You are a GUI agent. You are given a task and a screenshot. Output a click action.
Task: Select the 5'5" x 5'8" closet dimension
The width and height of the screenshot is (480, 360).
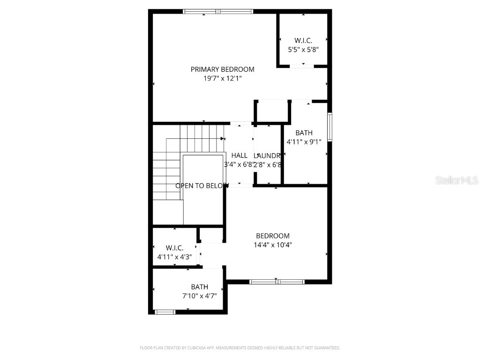point(303,49)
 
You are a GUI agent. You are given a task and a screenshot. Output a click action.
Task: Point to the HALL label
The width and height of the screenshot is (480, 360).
point(239,156)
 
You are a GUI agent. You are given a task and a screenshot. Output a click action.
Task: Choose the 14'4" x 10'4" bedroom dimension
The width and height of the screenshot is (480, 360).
point(272,244)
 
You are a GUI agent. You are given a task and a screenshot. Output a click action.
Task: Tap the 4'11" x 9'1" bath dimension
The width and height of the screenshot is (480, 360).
point(304,142)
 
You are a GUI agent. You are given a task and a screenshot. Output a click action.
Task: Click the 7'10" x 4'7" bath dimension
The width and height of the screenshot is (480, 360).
point(199,296)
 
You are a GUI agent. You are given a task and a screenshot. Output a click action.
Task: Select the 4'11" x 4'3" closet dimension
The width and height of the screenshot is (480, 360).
point(174,256)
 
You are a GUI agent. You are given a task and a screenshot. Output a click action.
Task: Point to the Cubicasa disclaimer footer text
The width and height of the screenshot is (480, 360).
point(240,348)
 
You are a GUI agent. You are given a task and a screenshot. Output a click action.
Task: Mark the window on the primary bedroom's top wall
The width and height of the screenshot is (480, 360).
point(218,11)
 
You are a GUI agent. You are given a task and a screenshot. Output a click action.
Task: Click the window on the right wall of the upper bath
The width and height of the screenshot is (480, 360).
point(330,127)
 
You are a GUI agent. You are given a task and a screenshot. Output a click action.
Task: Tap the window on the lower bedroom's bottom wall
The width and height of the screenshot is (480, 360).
point(277,282)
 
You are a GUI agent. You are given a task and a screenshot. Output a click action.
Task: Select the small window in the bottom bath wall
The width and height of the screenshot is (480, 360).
point(165,312)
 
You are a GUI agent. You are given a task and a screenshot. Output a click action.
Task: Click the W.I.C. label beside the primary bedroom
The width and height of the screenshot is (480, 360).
point(303,41)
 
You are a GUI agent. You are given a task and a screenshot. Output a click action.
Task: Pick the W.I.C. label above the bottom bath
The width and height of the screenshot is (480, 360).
point(174,248)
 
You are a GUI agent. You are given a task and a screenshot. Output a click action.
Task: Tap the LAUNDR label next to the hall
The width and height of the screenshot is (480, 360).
point(267,156)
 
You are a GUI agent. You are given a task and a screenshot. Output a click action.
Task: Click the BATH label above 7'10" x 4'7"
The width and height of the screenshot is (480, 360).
point(199,287)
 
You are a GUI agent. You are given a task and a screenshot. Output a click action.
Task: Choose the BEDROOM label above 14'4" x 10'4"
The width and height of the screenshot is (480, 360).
point(272,236)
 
